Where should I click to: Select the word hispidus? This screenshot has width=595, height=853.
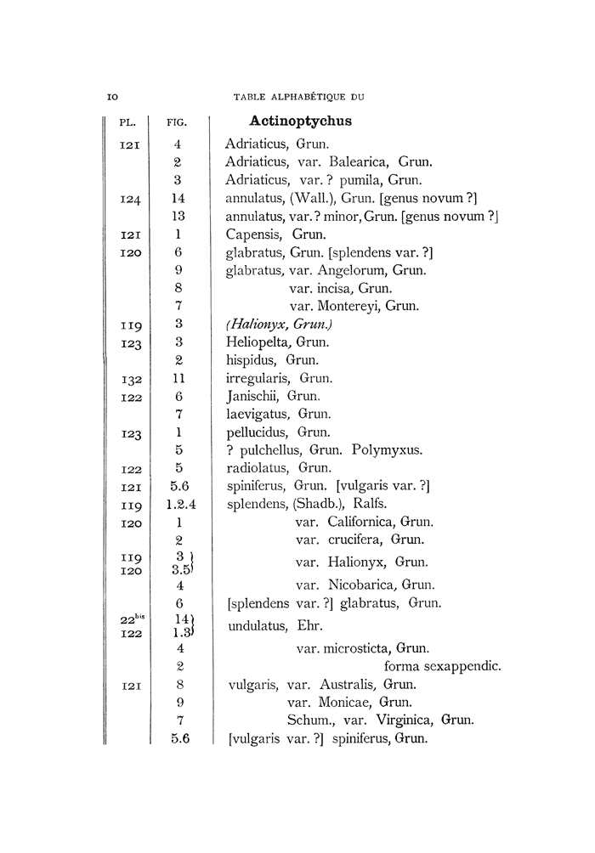point(251,360)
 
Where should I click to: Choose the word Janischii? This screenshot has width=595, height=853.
point(252,396)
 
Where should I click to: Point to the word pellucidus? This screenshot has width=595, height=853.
point(256,432)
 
